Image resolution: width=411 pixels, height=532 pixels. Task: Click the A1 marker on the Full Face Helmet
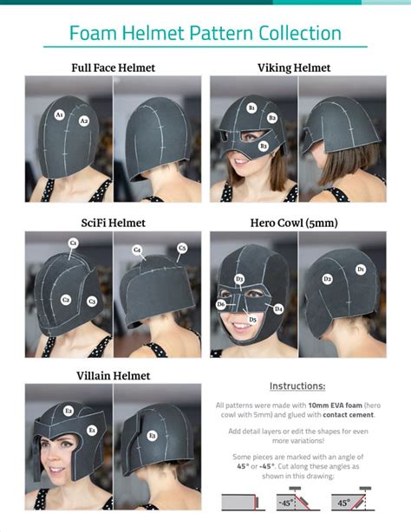click(59, 114)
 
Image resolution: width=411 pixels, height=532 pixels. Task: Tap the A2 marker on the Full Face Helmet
click(84, 121)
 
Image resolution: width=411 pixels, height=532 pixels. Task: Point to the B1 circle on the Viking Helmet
click(251, 107)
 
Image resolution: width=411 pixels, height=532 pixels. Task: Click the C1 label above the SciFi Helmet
click(74, 244)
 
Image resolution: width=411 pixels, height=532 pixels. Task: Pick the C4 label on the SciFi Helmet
click(137, 250)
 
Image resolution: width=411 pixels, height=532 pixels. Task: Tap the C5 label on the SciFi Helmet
click(182, 248)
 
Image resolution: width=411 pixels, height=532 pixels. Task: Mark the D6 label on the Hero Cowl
click(221, 304)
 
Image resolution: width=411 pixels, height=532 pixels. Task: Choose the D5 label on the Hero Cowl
click(252, 320)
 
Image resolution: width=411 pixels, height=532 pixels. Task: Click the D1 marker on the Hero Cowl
click(361, 269)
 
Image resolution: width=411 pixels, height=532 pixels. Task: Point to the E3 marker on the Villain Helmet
click(152, 435)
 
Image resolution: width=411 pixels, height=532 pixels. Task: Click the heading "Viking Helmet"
click(293, 67)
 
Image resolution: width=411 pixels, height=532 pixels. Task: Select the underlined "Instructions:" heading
click(297, 386)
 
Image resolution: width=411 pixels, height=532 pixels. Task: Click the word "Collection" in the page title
click(293, 34)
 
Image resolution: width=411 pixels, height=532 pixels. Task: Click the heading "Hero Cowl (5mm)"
click(294, 223)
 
